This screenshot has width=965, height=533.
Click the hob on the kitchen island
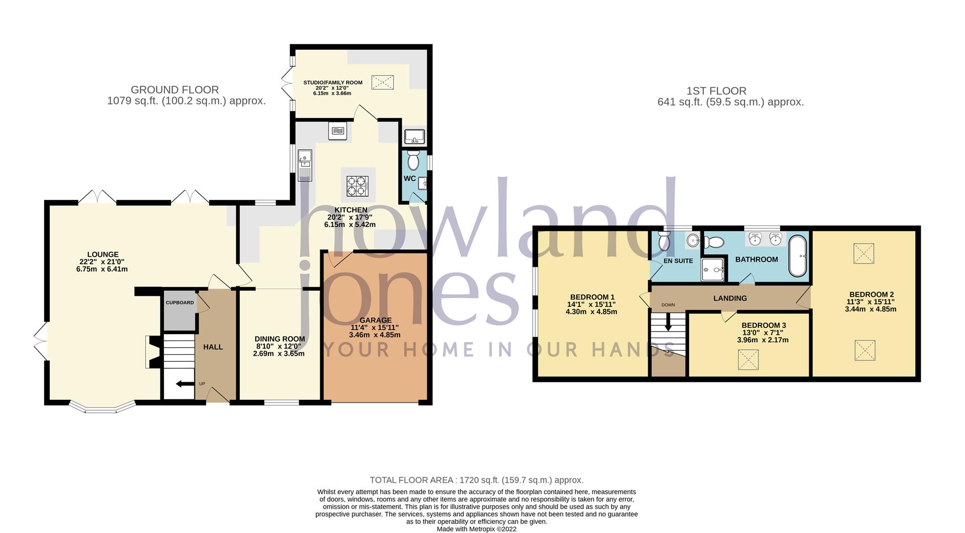tap(357, 186)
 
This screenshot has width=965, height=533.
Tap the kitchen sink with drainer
tap(305, 165)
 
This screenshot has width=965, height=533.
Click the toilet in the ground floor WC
tap(413, 161)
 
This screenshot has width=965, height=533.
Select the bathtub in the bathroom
tap(797, 256)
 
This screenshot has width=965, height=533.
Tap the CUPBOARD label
tap(179, 302)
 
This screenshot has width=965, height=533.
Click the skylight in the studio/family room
tap(382, 82)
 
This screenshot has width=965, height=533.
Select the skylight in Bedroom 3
tap(748, 360)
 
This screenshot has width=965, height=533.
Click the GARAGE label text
tap(375, 320)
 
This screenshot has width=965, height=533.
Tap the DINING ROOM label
tap(279, 339)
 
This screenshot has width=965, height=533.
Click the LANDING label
tap(730, 298)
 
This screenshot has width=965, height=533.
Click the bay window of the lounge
tap(102, 408)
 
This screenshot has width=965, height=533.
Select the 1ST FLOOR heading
tap(716, 91)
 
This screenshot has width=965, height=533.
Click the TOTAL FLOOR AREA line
tap(476, 480)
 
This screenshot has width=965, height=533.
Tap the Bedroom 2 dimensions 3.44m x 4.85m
tap(871, 309)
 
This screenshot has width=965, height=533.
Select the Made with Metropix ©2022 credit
tap(476, 528)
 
